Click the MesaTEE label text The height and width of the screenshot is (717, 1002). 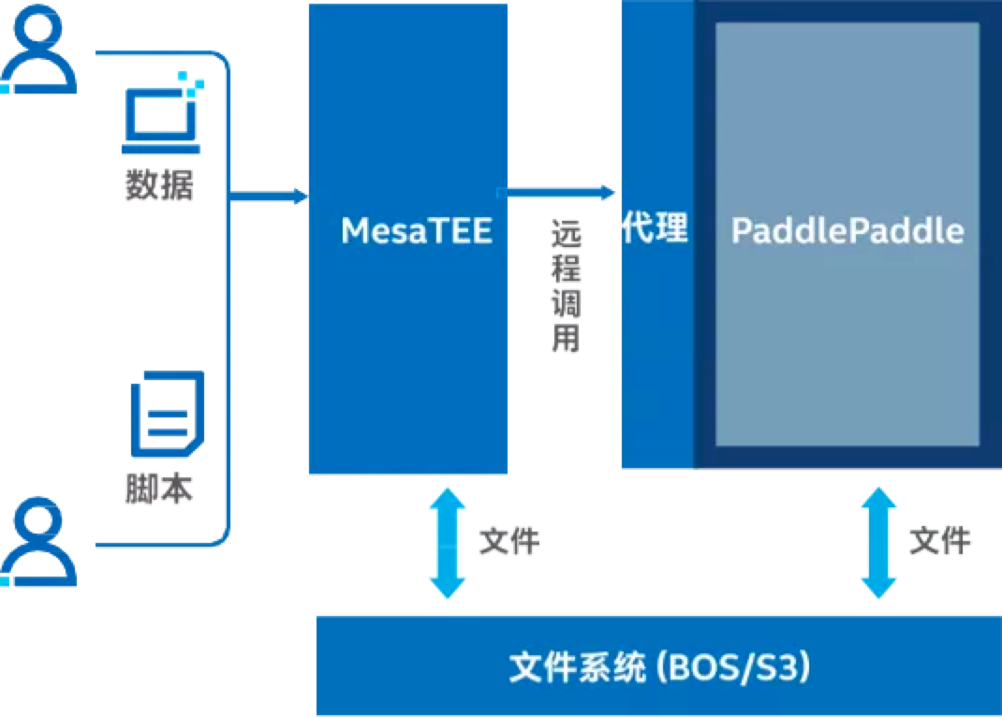click(417, 230)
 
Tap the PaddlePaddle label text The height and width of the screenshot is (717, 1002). click(847, 230)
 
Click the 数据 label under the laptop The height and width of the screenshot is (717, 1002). click(159, 185)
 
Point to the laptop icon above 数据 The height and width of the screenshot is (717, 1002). click(162, 113)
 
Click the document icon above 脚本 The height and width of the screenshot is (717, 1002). click(168, 414)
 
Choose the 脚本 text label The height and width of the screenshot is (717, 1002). click(159, 489)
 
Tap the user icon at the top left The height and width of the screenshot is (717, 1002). click(39, 50)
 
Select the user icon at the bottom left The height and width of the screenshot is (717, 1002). click(39, 541)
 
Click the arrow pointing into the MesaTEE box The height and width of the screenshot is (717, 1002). click(269, 196)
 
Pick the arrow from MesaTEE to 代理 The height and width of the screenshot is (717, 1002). click(555, 192)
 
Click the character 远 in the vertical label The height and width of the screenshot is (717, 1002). click(567, 234)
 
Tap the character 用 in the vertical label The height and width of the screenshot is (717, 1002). click(567, 338)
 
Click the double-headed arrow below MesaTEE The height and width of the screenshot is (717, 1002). click(448, 543)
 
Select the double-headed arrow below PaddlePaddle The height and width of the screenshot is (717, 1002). click(878, 543)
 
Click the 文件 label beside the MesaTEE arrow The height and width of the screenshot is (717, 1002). click(510, 541)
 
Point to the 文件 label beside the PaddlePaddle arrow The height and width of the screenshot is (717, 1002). click(940, 541)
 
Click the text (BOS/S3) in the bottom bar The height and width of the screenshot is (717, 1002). click(733, 667)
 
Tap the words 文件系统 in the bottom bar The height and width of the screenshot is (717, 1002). click(578, 667)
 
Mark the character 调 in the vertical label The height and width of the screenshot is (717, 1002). click(567, 302)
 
